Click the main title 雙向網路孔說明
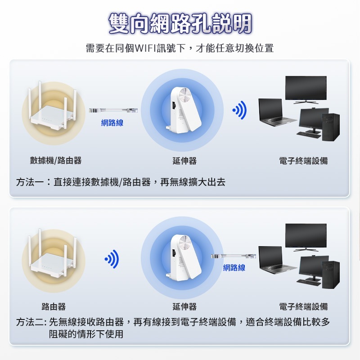click(180, 24)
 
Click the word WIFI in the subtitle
click(145, 48)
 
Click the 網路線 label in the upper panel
click(112, 123)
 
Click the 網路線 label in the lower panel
click(234, 268)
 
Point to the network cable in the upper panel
click(113, 110)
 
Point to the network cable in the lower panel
click(234, 256)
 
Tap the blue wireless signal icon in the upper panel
click(239, 110)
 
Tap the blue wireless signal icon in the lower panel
click(112, 259)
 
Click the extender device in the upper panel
click(183, 109)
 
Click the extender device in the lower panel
click(183, 257)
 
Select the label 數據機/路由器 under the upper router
click(56, 161)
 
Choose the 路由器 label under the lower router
click(54, 306)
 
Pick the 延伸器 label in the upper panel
click(184, 161)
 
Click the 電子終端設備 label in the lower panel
click(303, 306)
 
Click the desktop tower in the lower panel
click(331, 274)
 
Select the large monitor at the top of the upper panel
click(306, 90)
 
